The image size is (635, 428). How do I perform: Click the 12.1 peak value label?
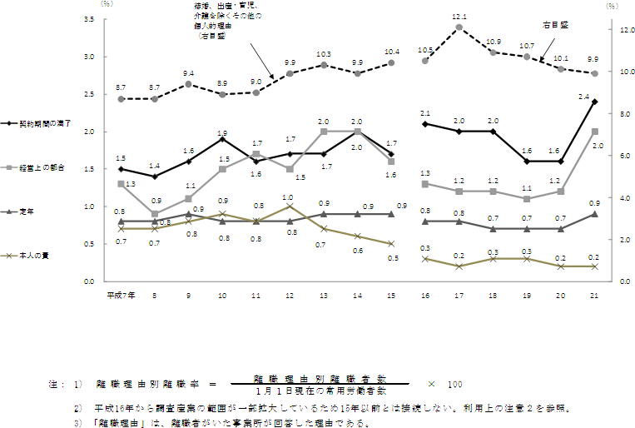coord(459,17)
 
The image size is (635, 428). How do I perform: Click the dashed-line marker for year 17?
coord(459,27)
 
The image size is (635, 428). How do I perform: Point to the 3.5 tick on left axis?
coord(87,18)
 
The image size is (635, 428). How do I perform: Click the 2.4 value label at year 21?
coord(585,97)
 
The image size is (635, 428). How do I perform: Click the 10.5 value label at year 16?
coord(425,50)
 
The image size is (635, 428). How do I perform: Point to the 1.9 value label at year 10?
coord(223,132)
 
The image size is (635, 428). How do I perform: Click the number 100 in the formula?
coord(455,384)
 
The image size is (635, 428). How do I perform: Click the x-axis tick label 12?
coord(288,296)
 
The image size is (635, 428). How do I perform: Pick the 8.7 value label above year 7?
coord(121,87)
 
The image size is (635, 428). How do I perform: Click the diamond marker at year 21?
coord(594,102)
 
